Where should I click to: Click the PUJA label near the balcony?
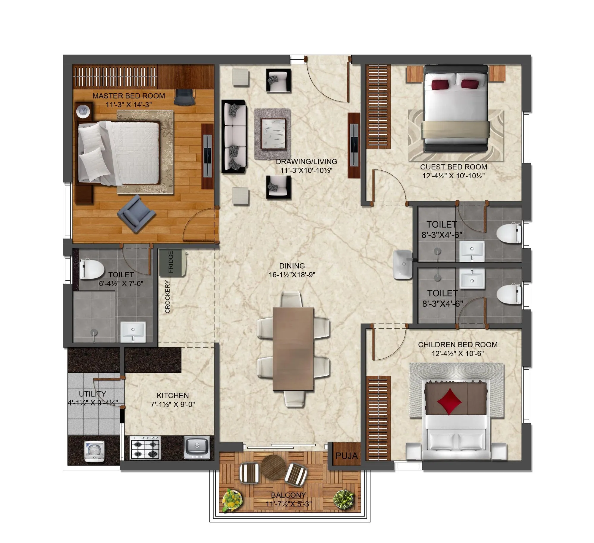pyautogui.click(x=346, y=456)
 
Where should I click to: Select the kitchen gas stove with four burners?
pyautogui.click(x=145, y=448)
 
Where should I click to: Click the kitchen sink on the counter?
pyautogui.click(x=197, y=447)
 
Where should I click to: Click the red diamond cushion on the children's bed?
pyautogui.click(x=449, y=401)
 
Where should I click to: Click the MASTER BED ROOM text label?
pyautogui.click(x=129, y=96)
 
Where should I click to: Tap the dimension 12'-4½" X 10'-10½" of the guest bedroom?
pyautogui.click(x=453, y=176)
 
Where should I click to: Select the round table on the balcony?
pyautogui.click(x=273, y=467)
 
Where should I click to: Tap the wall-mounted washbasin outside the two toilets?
pyautogui.click(x=402, y=265)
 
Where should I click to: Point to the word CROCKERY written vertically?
pyautogui.click(x=168, y=297)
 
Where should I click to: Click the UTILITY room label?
pyautogui.click(x=92, y=394)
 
